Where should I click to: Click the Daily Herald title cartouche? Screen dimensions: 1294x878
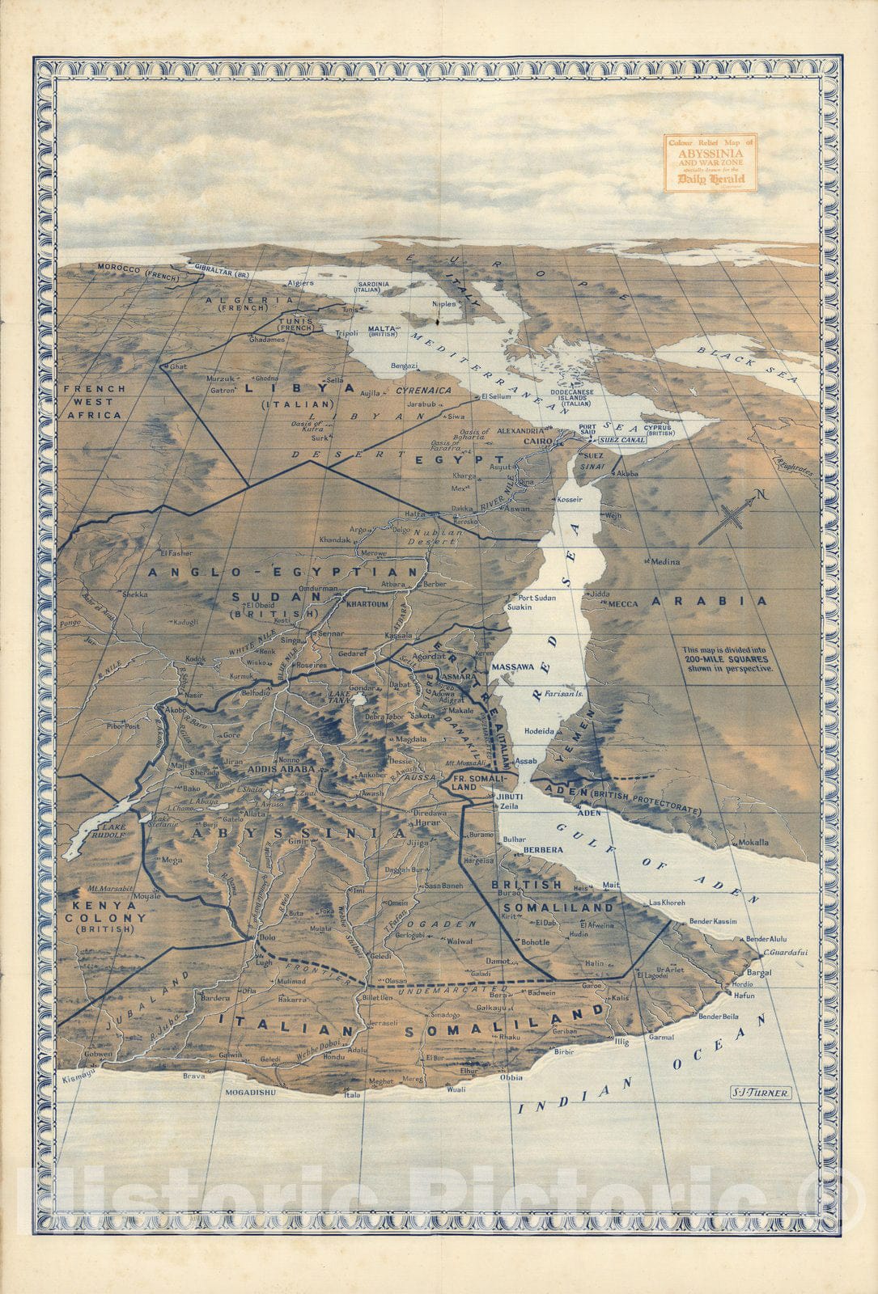tap(710, 163)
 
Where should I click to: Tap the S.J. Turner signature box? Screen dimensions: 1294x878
tap(759, 1092)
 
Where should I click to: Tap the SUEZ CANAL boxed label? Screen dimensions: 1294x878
tap(621, 441)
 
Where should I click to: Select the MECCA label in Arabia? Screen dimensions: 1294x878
tap(623, 603)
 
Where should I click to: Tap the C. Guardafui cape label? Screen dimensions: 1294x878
tap(786, 952)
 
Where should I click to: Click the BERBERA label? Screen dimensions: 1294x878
tap(543, 851)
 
